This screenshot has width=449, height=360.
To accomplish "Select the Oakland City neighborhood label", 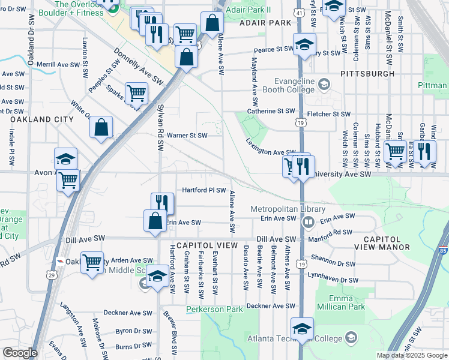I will tap(41, 119).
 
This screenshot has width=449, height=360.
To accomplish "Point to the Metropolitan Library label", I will tap(288, 209).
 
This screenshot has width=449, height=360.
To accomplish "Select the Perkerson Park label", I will tap(214, 309).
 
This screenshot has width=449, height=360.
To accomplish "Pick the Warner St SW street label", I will tap(187, 136).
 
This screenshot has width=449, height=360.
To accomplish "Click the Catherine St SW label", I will tap(271, 111).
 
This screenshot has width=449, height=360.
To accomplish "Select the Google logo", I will tap(20, 353).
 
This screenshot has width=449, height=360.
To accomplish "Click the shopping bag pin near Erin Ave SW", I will tap(155, 220).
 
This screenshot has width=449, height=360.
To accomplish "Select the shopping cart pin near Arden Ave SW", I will tap(92, 262).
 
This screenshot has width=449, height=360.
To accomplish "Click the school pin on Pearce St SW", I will tap(304, 44).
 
